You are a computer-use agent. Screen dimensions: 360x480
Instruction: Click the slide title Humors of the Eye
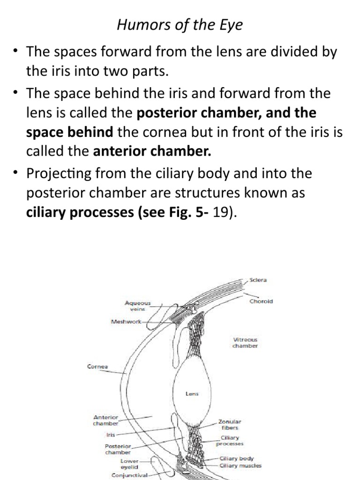coord(180,25)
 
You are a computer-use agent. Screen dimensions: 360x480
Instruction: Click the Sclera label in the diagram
coord(258,280)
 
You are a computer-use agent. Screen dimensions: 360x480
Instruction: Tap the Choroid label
coord(261,301)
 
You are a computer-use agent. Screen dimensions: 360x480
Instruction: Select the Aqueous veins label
coord(138,306)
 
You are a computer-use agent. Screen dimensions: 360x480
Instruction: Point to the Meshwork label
coord(126,322)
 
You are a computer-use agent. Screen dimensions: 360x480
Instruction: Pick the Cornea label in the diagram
coord(97,367)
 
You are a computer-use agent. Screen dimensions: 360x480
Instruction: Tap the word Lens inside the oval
coord(192,394)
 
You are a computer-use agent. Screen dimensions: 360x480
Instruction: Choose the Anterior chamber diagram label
coord(106,420)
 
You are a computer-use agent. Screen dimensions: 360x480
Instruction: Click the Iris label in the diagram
coord(111,435)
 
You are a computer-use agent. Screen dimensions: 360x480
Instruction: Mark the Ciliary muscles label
coord(240,466)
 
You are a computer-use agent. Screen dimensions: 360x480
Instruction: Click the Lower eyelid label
coord(129,464)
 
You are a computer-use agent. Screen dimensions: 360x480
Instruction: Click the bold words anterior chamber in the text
coord(152,151)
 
